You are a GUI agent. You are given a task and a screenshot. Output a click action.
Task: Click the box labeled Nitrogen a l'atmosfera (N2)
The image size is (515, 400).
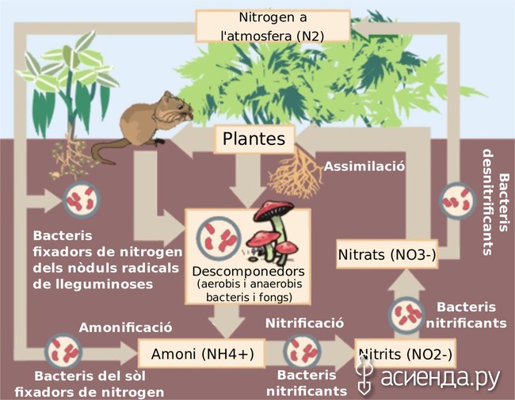[273, 26]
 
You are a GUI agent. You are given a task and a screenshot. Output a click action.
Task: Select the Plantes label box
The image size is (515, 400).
[254, 139]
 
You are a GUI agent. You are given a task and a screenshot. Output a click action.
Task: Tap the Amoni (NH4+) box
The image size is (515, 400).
[202, 354]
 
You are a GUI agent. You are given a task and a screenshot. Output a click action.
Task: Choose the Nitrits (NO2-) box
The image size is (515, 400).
[406, 353]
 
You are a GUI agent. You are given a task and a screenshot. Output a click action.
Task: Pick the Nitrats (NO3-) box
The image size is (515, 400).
[387, 254]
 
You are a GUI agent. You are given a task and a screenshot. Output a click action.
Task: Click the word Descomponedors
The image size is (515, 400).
[248, 271]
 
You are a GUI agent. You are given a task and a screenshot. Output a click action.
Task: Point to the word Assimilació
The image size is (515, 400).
[364, 166]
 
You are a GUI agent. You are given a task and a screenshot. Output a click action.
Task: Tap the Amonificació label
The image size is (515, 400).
[125, 327]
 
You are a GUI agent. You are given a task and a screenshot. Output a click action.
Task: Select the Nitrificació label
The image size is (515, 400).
[304, 323]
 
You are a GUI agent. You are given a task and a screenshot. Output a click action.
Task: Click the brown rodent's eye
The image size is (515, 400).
[179, 107]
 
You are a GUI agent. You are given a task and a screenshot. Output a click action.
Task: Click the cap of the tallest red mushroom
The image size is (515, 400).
[275, 210]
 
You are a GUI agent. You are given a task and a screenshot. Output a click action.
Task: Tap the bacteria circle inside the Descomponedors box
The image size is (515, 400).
[219, 238]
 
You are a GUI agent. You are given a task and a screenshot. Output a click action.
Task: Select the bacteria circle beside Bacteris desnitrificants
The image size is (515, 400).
[457, 200]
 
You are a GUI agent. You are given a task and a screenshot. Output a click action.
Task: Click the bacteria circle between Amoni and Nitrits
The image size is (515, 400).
[302, 351]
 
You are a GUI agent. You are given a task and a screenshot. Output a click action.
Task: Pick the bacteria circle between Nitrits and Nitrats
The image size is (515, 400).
[406, 314]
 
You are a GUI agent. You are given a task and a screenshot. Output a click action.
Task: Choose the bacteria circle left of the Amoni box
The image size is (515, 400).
[63, 352]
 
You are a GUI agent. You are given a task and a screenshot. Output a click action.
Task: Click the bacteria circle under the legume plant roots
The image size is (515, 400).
[82, 200]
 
